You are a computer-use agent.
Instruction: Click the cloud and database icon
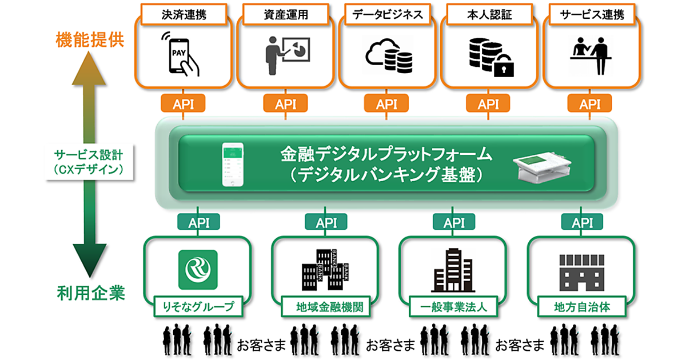[x=389, y=56]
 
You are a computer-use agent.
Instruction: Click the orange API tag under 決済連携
[x=183, y=104]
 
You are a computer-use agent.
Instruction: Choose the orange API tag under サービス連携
[x=590, y=104]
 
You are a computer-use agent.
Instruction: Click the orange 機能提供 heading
[x=90, y=41]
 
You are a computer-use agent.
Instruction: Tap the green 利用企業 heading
[x=91, y=294]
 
